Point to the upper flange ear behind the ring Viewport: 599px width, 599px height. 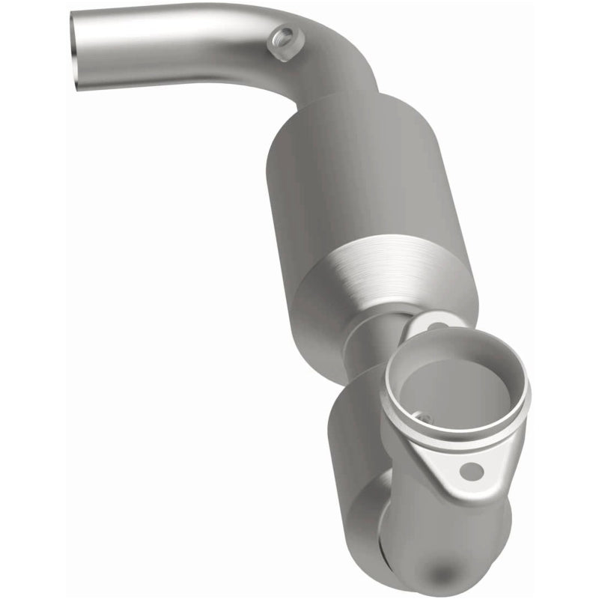442,329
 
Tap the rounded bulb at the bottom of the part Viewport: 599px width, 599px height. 442,547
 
